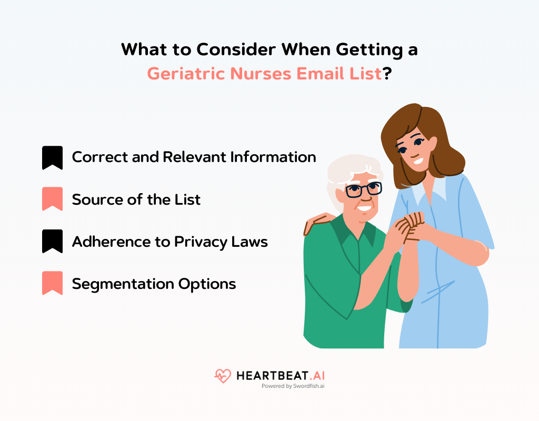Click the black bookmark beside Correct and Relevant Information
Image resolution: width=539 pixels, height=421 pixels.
tap(52, 157)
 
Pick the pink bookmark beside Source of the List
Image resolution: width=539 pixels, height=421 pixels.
tap(52, 199)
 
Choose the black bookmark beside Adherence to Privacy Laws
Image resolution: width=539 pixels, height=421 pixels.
tap(52, 241)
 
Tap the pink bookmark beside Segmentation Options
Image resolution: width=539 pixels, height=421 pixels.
tap(52, 283)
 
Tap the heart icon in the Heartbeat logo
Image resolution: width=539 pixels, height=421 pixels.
tap(222, 376)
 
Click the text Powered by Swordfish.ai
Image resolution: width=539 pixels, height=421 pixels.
tap(293, 386)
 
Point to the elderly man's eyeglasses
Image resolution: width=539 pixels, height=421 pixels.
tap(363, 189)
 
